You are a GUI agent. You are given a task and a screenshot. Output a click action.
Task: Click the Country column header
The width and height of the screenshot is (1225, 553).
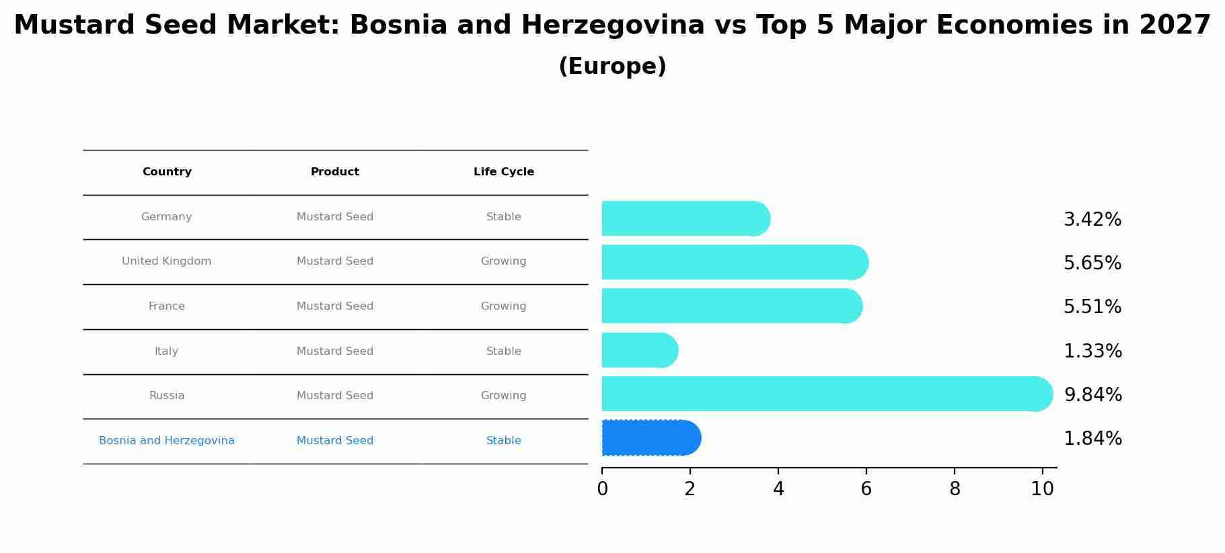click(167, 172)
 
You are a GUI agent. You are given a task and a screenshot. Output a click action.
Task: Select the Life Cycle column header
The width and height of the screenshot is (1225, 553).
click(503, 172)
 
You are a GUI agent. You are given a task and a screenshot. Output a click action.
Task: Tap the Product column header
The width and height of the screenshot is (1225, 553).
click(335, 172)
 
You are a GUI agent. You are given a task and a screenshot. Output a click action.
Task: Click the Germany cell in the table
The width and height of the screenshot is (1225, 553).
click(167, 217)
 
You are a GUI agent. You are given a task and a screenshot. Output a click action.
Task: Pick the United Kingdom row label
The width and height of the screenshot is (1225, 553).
click(167, 261)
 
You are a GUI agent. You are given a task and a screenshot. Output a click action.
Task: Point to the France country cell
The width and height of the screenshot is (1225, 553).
click(167, 306)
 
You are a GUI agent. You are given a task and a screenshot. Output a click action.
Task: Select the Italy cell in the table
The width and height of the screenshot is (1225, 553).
click(167, 351)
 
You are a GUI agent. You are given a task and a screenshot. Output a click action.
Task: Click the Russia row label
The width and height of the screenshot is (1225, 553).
click(167, 396)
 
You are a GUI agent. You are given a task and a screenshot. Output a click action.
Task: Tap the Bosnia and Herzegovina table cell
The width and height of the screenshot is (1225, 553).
click(167, 441)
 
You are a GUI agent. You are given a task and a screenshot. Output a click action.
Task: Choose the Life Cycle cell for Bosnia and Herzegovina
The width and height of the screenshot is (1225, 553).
click(503, 441)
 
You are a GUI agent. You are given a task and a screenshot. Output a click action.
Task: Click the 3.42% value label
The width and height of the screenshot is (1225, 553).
click(1092, 220)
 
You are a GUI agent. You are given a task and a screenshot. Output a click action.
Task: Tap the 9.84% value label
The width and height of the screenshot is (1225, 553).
click(1092, 395)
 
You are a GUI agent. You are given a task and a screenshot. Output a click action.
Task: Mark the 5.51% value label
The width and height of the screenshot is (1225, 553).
click(1092, 307)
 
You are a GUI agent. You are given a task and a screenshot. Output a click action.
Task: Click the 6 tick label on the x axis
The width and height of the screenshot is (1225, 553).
click(866, 489)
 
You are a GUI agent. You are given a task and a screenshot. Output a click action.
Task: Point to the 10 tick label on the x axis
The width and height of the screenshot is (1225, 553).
click(1042, 489)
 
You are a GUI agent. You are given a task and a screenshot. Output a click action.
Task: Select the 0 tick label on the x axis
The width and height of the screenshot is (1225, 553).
click(602, 489)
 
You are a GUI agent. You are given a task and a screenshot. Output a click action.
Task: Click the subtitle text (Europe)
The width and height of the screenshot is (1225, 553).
click(612, 67)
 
